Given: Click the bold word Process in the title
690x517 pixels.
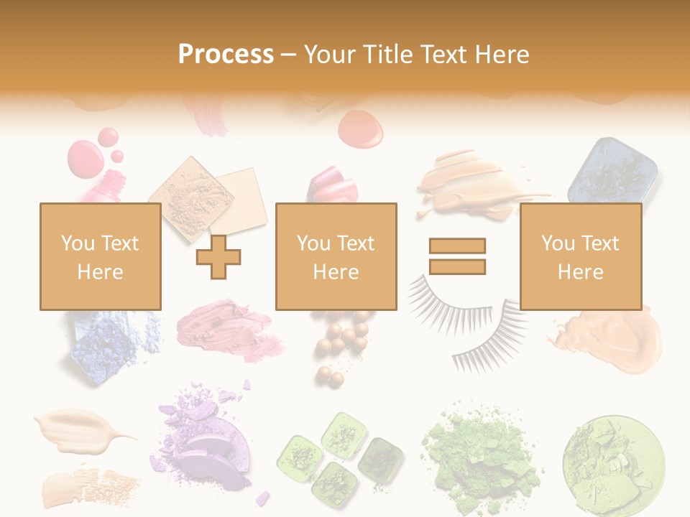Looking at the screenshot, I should (226, 55).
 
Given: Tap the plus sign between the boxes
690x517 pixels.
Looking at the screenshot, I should (218, 257).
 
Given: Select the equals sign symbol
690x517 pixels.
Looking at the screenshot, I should (457, 256).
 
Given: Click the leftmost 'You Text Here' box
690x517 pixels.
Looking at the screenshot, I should (100, 256).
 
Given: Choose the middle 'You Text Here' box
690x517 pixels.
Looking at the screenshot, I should (336, 256).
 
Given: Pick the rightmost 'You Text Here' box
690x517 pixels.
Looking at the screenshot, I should (580, 256).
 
